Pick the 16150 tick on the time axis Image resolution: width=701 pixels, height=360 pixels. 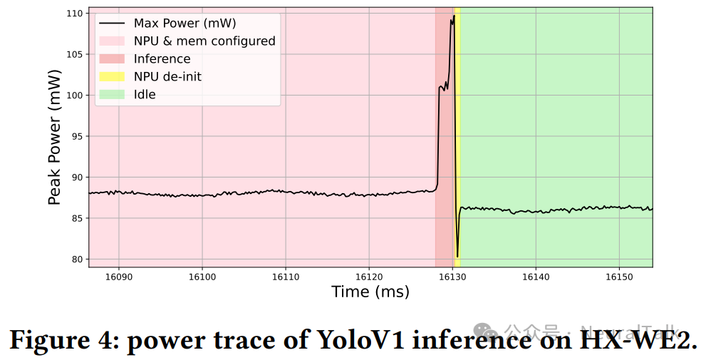(619, 276)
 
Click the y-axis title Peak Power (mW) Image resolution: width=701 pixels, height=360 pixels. (55, 137)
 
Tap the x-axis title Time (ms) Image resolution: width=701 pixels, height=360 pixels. (370, 292)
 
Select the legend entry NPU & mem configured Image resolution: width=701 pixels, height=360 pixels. (204, 41)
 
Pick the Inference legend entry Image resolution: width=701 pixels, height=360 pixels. (162, 59)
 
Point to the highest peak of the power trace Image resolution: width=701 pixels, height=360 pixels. (453, 16)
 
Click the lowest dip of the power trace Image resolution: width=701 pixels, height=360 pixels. (457, 256)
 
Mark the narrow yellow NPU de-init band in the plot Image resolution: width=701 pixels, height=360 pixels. (457, 143)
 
